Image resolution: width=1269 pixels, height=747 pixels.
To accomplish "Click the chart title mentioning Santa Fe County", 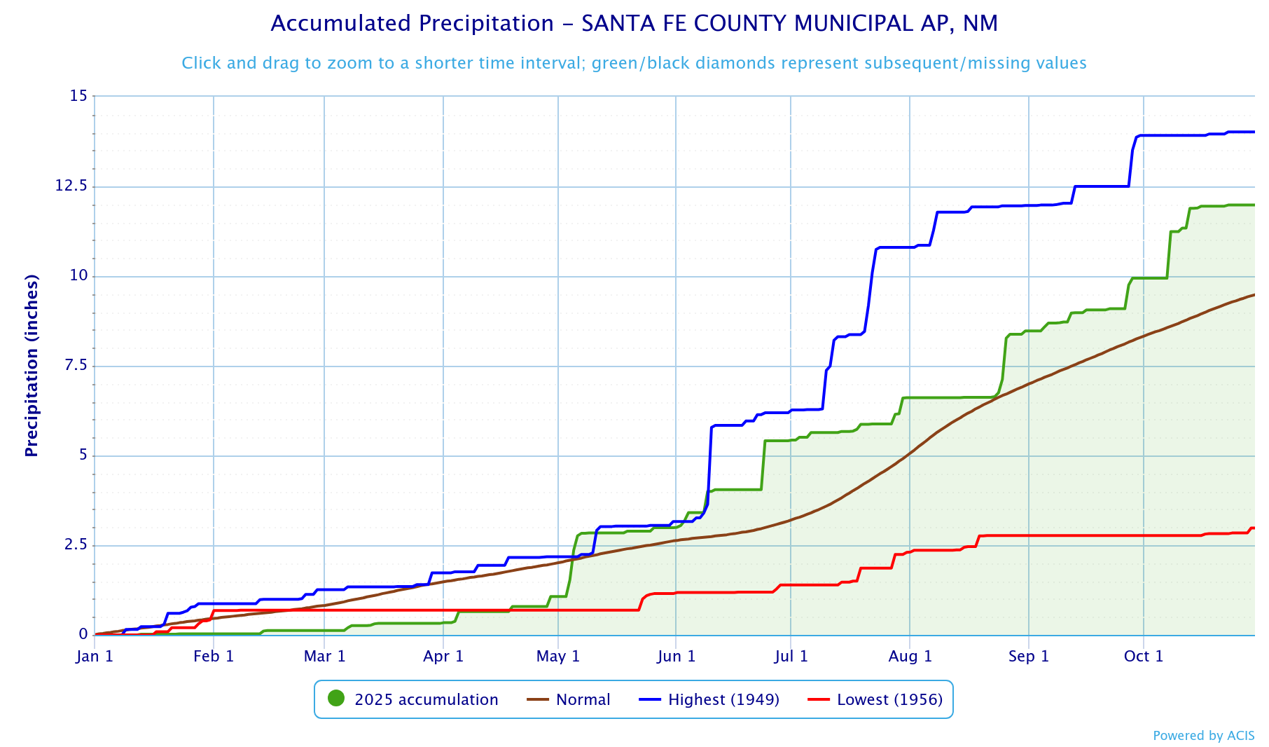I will pyautogui.click(x=634, y=24).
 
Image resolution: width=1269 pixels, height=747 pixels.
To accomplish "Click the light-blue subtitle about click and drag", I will pyautogui.click(x=634, y=63).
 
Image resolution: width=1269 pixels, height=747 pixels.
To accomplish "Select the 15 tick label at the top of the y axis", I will pyautogui.click(x=78, y=96).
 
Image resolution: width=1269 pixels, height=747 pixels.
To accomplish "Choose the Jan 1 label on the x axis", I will pyautogui.click(x=95, y=657).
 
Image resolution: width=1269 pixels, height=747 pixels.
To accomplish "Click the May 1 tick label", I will pyautogui.click(x=558, y=657).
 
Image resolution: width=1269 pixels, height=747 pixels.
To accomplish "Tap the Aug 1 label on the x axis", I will pyautogui.click(x=910, y=657).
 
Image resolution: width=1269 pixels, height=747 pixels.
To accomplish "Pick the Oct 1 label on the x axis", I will pyautogui.click(x=1143, y=657).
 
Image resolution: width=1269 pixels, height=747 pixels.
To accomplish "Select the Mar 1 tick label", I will pyautogui.click(x=324, y=657).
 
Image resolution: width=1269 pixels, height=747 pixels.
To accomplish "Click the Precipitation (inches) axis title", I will pyautogui.click(x=32, y=366).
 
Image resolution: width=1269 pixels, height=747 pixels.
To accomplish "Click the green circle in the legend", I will pyautogui.click(x=336, y=699).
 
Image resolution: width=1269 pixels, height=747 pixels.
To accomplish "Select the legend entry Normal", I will pyautogui.click(x=583, y=699).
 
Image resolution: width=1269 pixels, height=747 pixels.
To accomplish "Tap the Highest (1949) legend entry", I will pyautogui.click(x=723, y=699).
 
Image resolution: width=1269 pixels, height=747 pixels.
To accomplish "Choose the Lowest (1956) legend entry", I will pyautogui.click(x=889, y=699).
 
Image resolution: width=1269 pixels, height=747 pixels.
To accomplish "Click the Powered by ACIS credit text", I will pyautogui.click(x=1203, y=736).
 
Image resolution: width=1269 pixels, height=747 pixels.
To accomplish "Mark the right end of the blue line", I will pyautogui.click(x=1254, y=132).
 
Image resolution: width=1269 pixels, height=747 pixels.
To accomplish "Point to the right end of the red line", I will pyautogui.click(x=1254, y=528).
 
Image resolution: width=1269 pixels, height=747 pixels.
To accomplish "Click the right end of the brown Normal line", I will pyautogui.click(x=1254, y=295).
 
